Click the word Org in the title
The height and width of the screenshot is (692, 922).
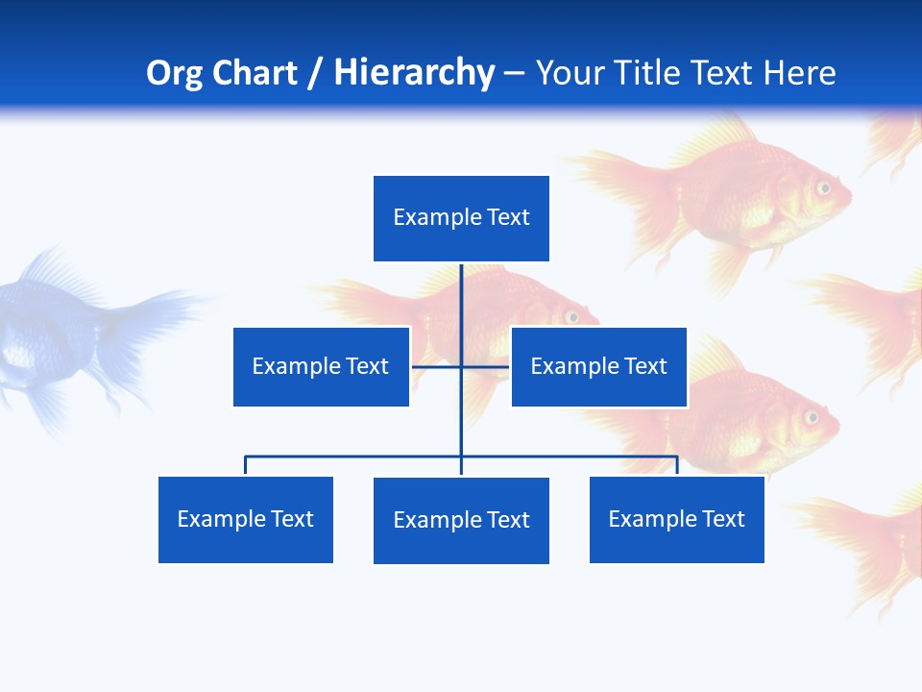click(x=175, y=73)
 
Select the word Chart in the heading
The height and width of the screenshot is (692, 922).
click(x=254, y=73)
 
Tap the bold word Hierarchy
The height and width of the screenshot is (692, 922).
click(x=414, y=73)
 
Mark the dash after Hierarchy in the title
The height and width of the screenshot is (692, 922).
click(x=514, y=74)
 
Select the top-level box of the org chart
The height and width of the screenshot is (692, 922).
click(x=461, y=218)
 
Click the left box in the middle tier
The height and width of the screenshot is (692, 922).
click(x=321, y=366)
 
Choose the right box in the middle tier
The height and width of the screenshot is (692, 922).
click(x=599, y=366)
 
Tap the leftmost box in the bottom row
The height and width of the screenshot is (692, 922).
click(x=246, y=519)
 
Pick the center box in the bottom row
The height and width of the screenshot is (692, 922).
click(x=461, y=520)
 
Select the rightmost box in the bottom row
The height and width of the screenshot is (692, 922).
click(x=677, y=519)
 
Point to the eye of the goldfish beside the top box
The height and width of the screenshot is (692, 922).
click(x=824, y=187)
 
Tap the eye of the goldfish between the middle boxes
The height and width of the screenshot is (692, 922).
click(x=572, y=316)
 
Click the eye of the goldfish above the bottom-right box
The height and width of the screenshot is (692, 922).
click(x=812, y=417)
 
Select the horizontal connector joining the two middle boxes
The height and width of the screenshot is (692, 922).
click(x=461, y=366)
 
